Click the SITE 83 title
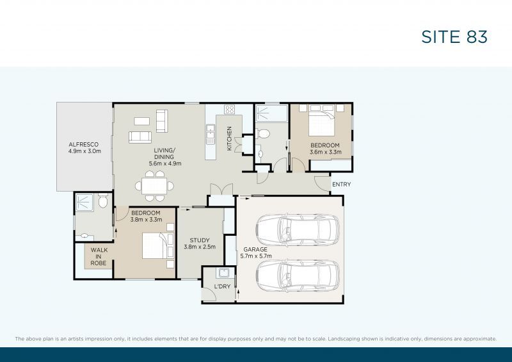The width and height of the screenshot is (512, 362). [x=454, y=37]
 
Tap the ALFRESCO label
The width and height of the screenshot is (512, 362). [x=85, y=144]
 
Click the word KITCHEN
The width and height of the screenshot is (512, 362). [x=228, y=138]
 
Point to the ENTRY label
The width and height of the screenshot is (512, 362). [x=340, y=185]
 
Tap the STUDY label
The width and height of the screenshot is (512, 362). [x=200, y=240]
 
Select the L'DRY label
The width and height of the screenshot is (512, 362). [x=221, y=286]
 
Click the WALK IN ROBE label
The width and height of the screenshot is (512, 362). [x=99, y=256]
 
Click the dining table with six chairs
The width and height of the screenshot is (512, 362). [x=154, y=186]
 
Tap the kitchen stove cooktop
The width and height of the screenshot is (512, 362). [x=229, y=109]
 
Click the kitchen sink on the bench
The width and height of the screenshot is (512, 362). [x=211, y=134]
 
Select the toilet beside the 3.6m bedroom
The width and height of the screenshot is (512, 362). [x=263, y=134]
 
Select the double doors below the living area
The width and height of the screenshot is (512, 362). [x=220, y=190]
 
